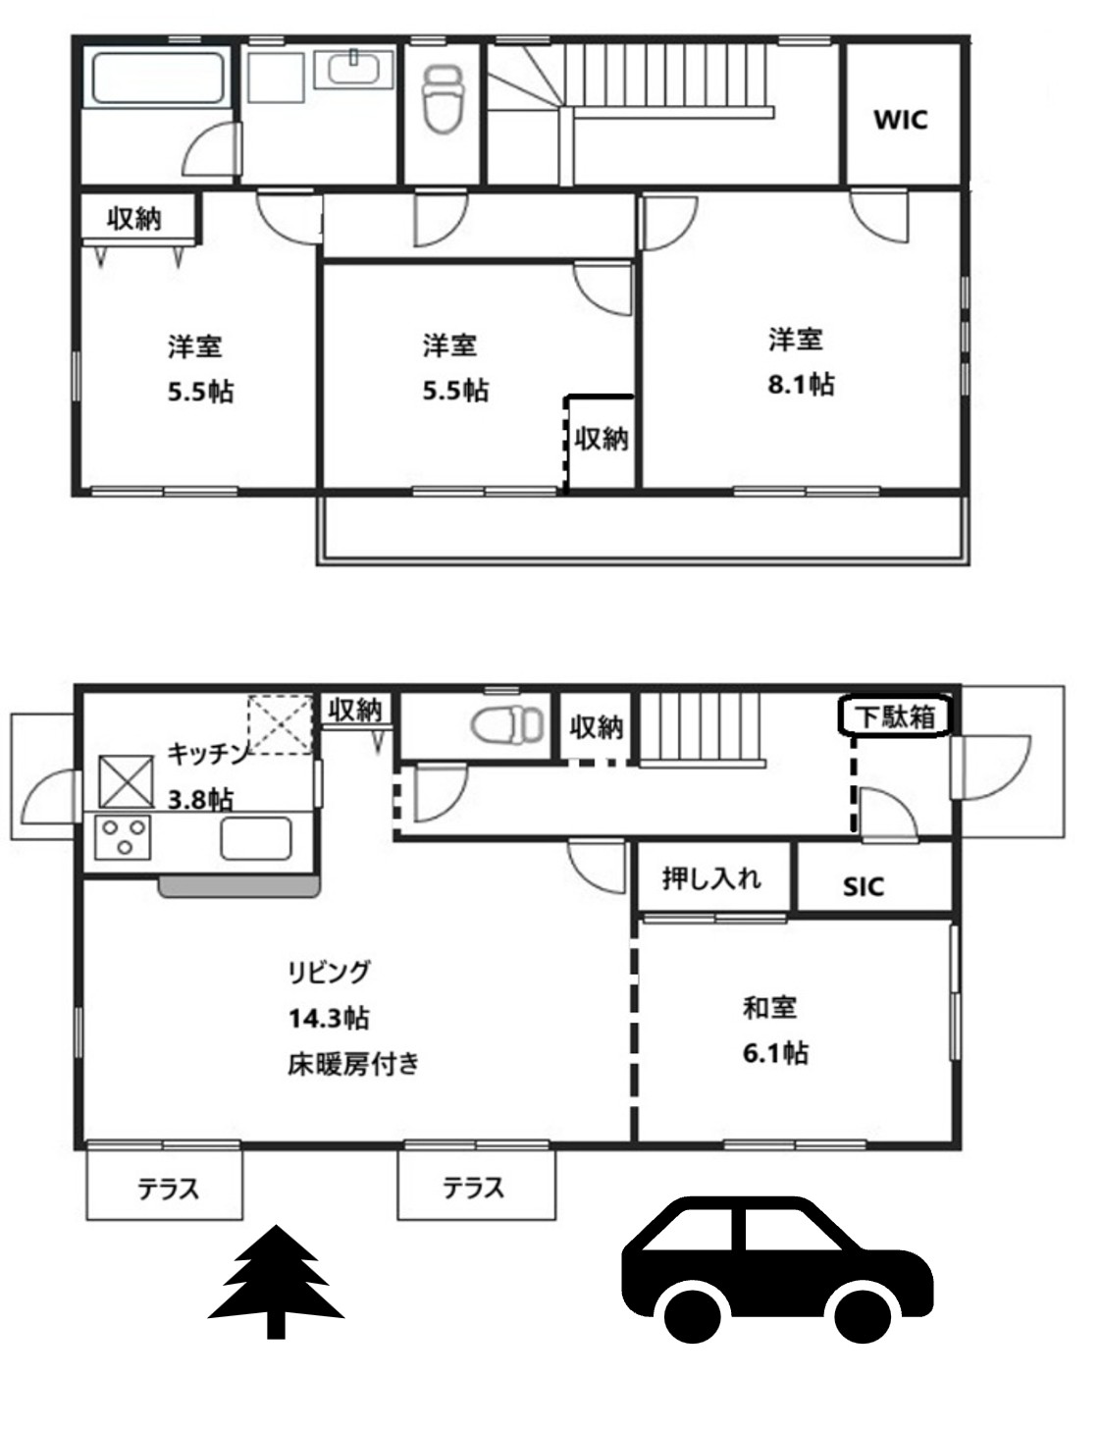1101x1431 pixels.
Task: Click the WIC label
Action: point(900,121)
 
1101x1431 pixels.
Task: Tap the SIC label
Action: point(864,887)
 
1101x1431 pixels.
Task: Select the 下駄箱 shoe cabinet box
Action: point(895,715)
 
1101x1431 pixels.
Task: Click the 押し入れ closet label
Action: point(711,878)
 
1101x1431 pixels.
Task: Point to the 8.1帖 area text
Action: point(801,384)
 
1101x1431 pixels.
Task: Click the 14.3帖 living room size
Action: point(329,1018)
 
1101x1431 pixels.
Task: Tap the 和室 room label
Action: point(769,1008)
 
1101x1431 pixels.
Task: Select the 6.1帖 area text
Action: point(775,1054)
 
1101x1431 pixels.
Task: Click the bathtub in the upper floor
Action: point(157,79)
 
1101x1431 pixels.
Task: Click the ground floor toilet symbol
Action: point(507,724)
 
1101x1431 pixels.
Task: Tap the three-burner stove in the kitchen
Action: point(123,837)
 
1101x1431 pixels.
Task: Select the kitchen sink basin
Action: point(256,838)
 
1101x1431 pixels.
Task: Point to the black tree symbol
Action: point(277,1282)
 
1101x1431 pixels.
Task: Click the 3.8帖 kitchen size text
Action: point(201,800)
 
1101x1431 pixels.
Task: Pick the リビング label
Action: point(329,972)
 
